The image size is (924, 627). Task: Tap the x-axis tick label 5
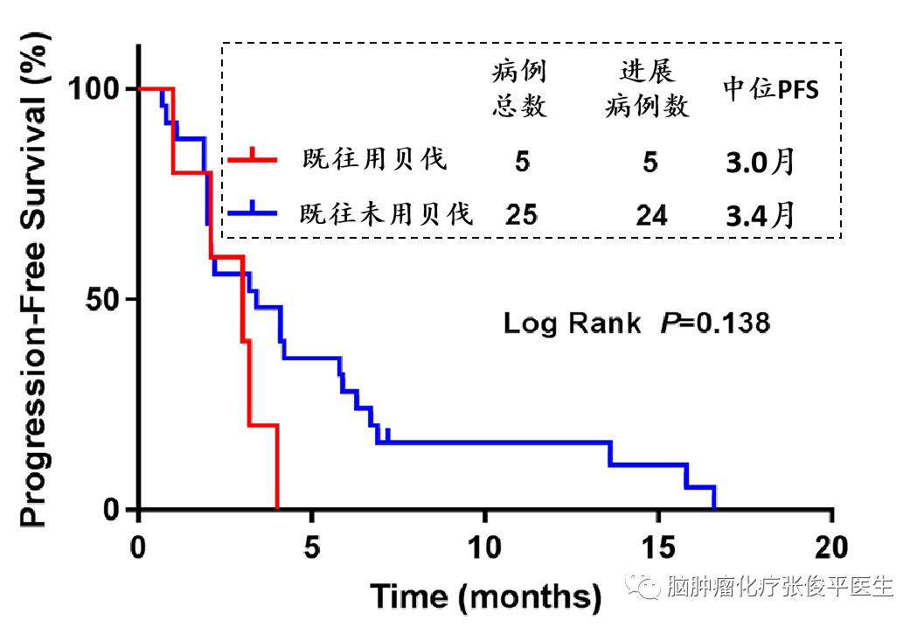[312, 549]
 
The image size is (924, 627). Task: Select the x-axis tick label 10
[485, 549]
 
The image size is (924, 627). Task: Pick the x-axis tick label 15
[658, 549]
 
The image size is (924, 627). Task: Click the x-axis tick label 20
[831, 549]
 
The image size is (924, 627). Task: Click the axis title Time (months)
[486, 596]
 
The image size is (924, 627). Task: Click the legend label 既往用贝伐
[375, 160]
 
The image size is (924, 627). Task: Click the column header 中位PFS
[771, 89]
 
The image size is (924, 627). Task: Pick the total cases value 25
[521, 215]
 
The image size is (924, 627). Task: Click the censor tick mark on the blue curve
[387, 435]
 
